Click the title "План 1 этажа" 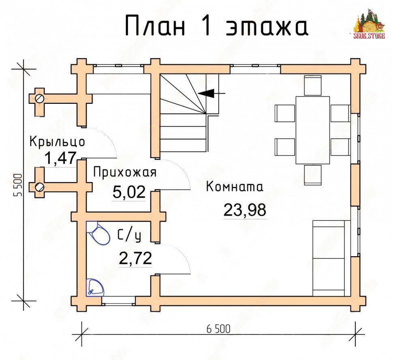tap(216, 26)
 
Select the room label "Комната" tap(235, 187)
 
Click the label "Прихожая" tap(125, 172)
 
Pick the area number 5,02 tap(129, 192)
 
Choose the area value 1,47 tap(60, 158)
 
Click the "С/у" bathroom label tap(129, 236)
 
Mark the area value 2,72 tap(135, 258)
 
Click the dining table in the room tap(312, 130)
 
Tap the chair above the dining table tap(313, 85)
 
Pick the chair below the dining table tap(313, 175)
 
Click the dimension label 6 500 tap(218, 329)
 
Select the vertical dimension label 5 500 tap(18, 185)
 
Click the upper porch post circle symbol tap(40, 99)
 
